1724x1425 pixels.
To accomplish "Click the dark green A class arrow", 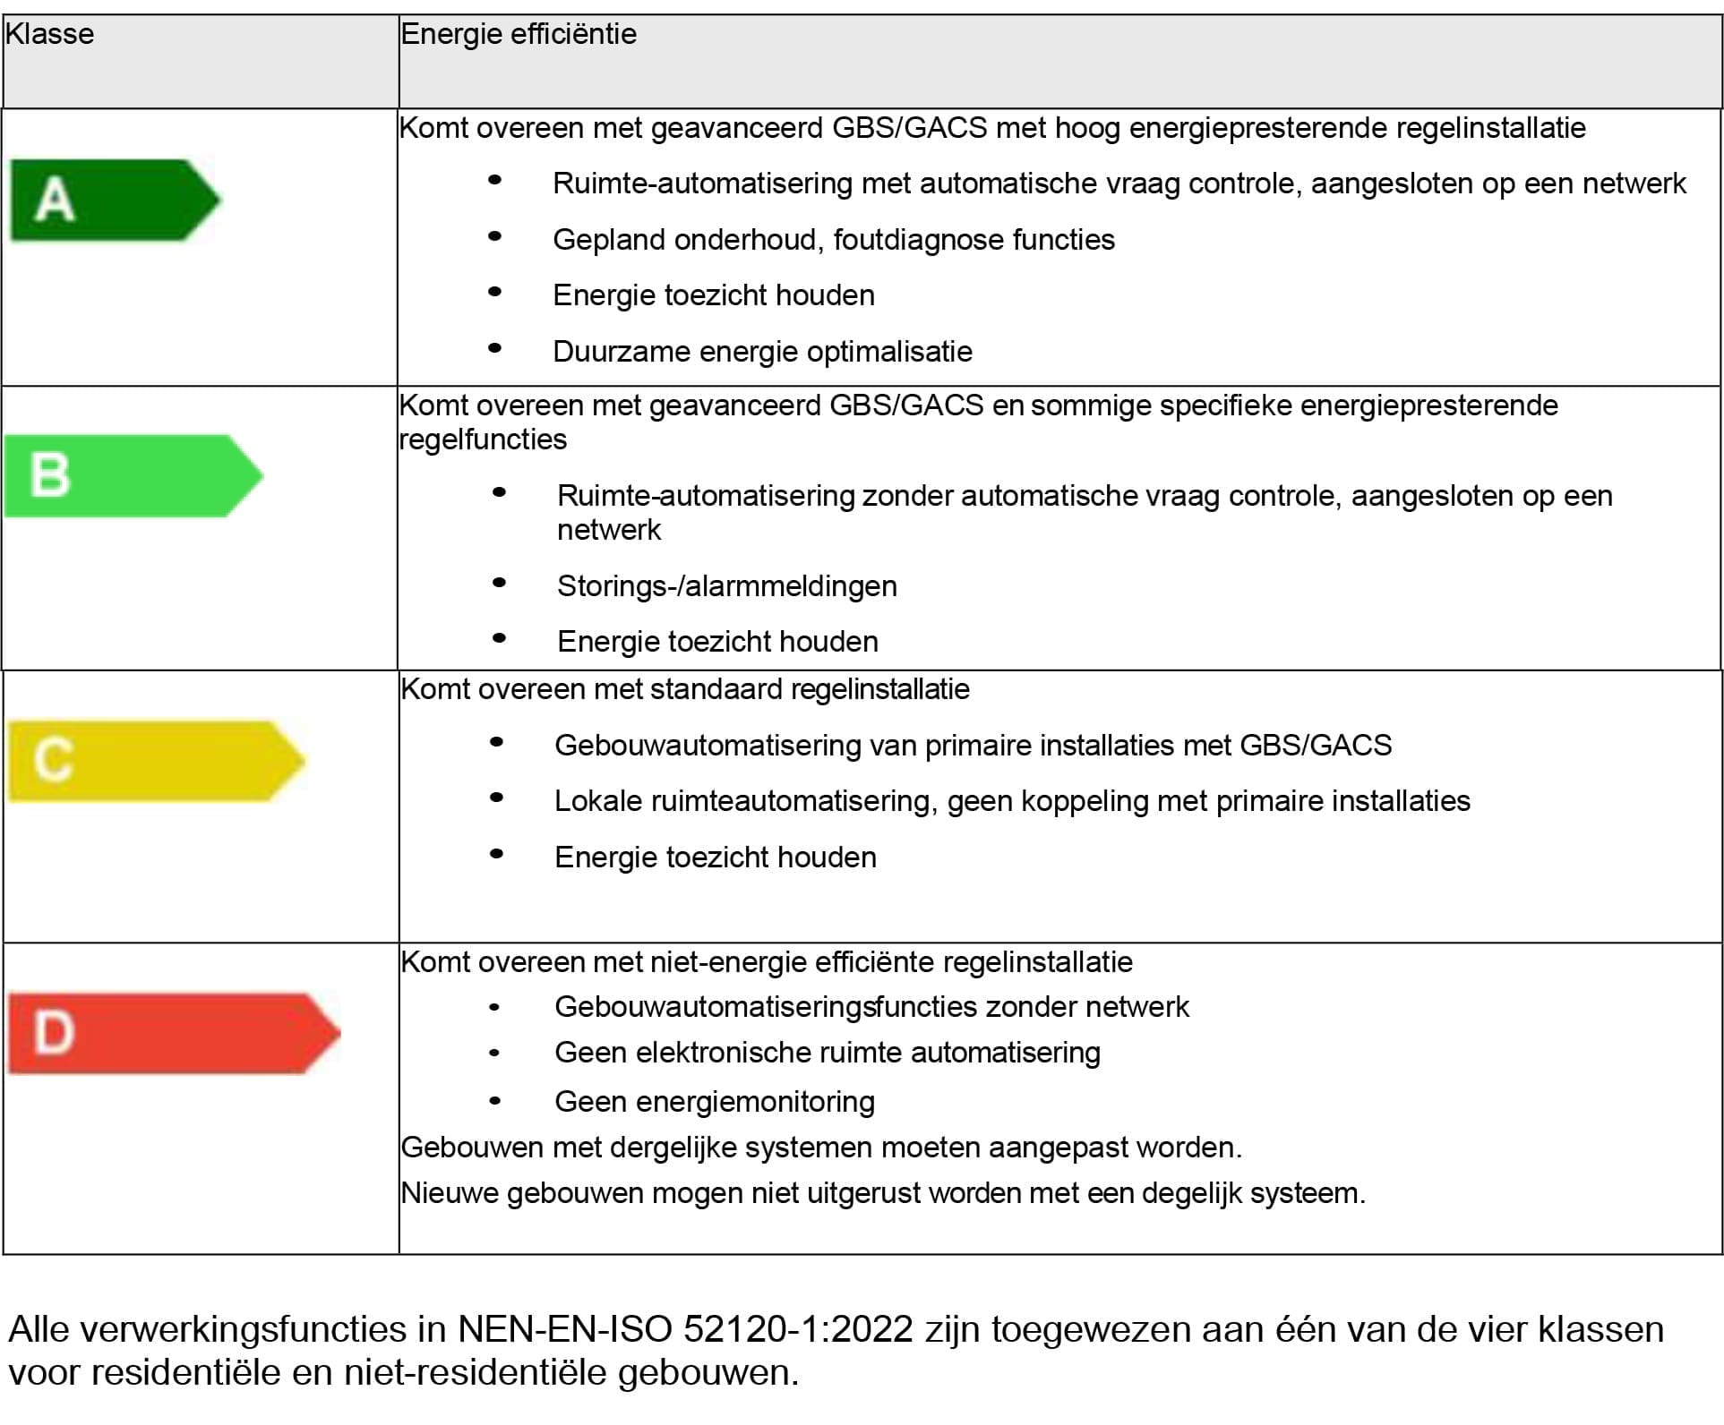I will (x=114, y=200).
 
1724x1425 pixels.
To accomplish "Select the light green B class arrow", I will (x=133, y=475).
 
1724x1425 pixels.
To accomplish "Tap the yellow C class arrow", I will (x=155, y=761).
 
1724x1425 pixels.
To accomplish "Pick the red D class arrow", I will (x=173, y=1033).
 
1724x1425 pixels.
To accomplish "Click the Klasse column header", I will (x=50, y=34).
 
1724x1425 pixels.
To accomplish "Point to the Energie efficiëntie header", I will (x=519, y=34).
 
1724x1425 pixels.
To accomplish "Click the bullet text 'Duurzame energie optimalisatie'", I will (x=762, y=352).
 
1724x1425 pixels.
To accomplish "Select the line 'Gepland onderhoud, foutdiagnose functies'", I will (x=833, y=240).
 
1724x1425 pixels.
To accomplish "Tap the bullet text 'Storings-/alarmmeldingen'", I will (x=726, y=586).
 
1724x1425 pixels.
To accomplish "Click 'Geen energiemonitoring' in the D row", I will (x=714, y=1102).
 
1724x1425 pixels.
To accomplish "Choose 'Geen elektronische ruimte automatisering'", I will (x=827, y=1053).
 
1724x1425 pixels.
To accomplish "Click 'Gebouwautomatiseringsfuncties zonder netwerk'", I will (x=871, y=1007).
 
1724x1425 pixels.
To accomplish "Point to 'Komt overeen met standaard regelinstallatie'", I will (x=685, y=689).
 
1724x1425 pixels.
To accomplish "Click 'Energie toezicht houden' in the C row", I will (x=715, y=858).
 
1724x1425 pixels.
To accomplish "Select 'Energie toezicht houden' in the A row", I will (x=713, y=295).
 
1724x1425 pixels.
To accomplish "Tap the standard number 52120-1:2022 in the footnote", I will (x=798, y=1329).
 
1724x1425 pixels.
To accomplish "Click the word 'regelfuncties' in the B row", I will (x=483, y=439).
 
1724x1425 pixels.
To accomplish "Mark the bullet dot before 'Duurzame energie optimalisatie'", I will (x=494, y=348).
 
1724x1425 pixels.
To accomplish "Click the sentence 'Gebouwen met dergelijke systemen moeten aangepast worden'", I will (x=820, y=1148).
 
